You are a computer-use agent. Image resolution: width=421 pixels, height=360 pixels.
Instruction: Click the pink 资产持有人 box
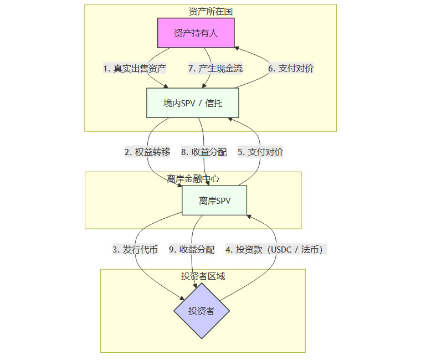pyautogui.click(x=196, y=33)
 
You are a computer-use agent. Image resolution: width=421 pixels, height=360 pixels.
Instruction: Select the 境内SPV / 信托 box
pyautogui.click(x=193, y=103)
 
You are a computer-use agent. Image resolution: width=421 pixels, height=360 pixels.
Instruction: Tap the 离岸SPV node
pyautogui.click(x=214, y=200)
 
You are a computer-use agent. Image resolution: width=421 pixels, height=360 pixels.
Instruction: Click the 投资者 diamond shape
pyautogui.click(x=201, y=311)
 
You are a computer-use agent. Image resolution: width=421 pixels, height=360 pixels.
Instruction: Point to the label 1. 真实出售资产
pyautogui.click(x=135, y=69)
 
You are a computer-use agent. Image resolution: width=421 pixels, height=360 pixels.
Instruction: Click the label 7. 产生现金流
pyautogui.click(x=215, y=69)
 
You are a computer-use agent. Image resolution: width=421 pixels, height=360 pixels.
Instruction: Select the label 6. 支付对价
pyautogui.click(x=291, y=69)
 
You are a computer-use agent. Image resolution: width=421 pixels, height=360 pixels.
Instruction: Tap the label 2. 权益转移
pyautogui.click(x=147, y=152)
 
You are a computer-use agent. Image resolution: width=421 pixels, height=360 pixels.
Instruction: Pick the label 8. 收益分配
pyautogui.click(x=204, y=152)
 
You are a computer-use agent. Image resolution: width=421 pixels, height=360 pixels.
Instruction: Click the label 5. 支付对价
pyautogui.click(x=260, y=152)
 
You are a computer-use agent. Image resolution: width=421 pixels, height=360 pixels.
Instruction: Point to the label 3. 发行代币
pyautogui.click(x=135, y=250)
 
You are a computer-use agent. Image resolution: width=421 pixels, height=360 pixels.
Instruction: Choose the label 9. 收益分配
pyautogui.click(x=192, y=250)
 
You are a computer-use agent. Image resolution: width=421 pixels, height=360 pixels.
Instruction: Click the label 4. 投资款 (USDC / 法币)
pyautogui.click(x=276, y=250)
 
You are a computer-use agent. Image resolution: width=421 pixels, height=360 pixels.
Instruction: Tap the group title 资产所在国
pyautogui.click(x=210, y=11)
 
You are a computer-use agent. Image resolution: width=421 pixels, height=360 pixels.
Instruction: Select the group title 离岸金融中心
pyautogui.click(x=193, y=178)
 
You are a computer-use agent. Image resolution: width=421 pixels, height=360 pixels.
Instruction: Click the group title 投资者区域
pyautogui.click(x=203, y=276)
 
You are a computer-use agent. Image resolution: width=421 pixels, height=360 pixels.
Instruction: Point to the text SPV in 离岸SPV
pyautogui.click(x=222, y=200)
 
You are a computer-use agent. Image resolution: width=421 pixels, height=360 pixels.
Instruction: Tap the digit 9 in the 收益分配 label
pyautogui.click(x=172, y=250)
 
